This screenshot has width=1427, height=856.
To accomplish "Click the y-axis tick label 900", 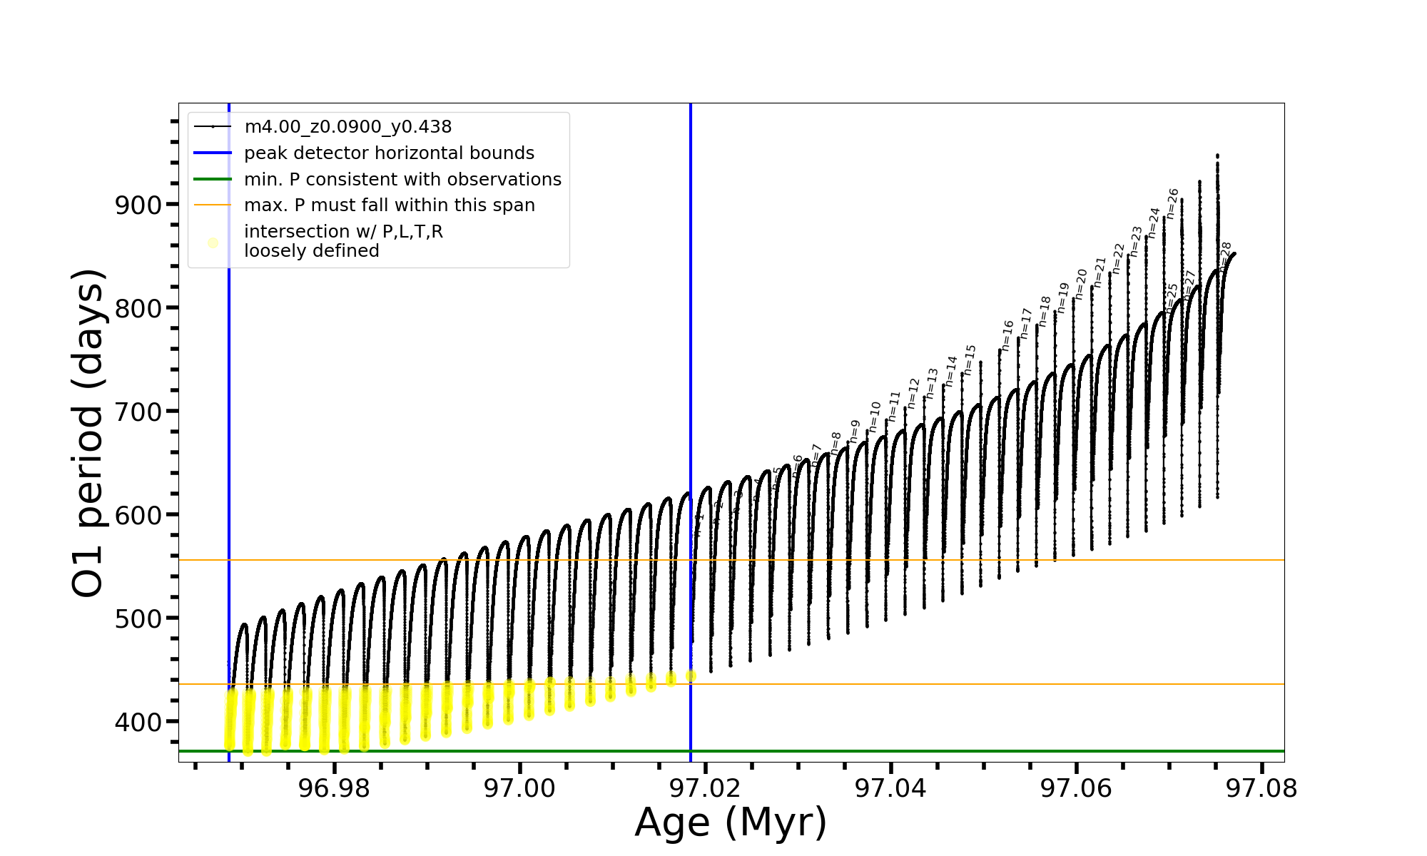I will pos(138,205).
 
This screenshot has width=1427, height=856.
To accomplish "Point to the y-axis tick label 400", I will pos(138,722).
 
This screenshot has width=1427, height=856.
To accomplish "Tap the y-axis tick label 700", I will pos(138,412).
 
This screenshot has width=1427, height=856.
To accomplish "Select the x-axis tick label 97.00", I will pos(519,788).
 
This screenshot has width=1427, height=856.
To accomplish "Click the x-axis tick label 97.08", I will pos(1261,788).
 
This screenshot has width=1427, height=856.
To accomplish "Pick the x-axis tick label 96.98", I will pos(334,788).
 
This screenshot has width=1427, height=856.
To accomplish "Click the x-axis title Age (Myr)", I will pos(731,822).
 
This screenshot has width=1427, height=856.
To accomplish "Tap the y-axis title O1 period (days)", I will pos(88,433).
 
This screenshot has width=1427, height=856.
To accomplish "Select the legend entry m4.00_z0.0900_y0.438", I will pos(347,127).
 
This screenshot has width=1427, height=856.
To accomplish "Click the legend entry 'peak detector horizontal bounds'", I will pos(389,153).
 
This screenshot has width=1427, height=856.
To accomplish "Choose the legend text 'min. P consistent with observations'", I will pos(402,180).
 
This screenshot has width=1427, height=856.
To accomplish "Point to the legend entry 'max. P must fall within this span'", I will pos(389,205).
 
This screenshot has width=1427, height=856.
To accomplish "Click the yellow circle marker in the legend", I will pos(213,243).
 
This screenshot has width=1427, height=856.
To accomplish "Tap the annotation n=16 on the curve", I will pos(1007,335).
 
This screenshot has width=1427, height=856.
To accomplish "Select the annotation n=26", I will pos(1173,203).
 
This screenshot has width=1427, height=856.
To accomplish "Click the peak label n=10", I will pos(875,417).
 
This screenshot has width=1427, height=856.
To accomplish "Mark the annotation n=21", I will pos(1100,272).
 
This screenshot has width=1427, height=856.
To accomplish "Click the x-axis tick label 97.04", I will pos(890,788).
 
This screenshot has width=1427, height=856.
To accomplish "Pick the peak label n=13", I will pos(932,383).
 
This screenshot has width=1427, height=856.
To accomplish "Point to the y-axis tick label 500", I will pos(138,618).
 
